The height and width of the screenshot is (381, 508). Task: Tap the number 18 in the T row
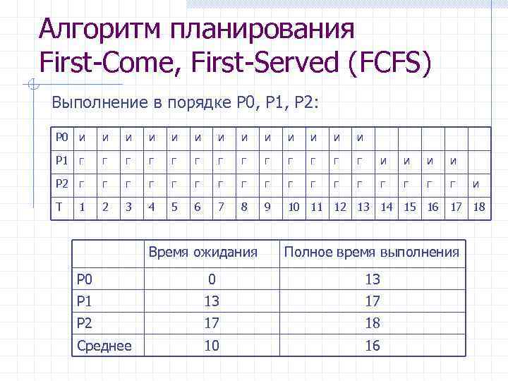click(479, 207)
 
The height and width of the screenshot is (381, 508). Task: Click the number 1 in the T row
click(83, 207)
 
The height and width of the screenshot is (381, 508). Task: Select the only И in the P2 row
click(476, 184)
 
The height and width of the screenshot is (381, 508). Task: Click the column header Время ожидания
click(202, 252)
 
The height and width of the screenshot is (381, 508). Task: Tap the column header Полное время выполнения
click(371, 252)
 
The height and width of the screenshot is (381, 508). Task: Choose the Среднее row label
click(103, 346)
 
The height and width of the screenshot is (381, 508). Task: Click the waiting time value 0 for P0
click(211, 279)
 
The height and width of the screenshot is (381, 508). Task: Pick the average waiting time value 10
click(211, 346)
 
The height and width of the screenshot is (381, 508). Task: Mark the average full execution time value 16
click(372, 346)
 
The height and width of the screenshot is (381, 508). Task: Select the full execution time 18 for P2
click(372, 323)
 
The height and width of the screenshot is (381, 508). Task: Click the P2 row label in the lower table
click(85, 323)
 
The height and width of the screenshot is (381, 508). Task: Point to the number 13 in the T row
click(363, 207)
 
